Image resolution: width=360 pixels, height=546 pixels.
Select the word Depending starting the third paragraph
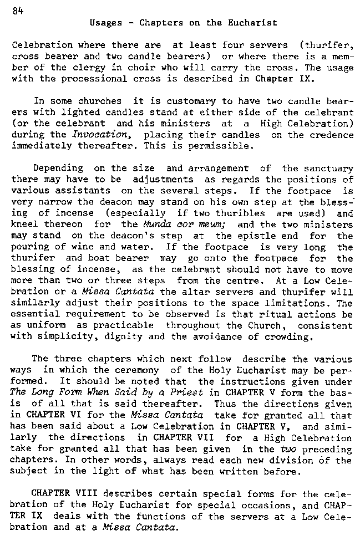click(58, 167)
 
